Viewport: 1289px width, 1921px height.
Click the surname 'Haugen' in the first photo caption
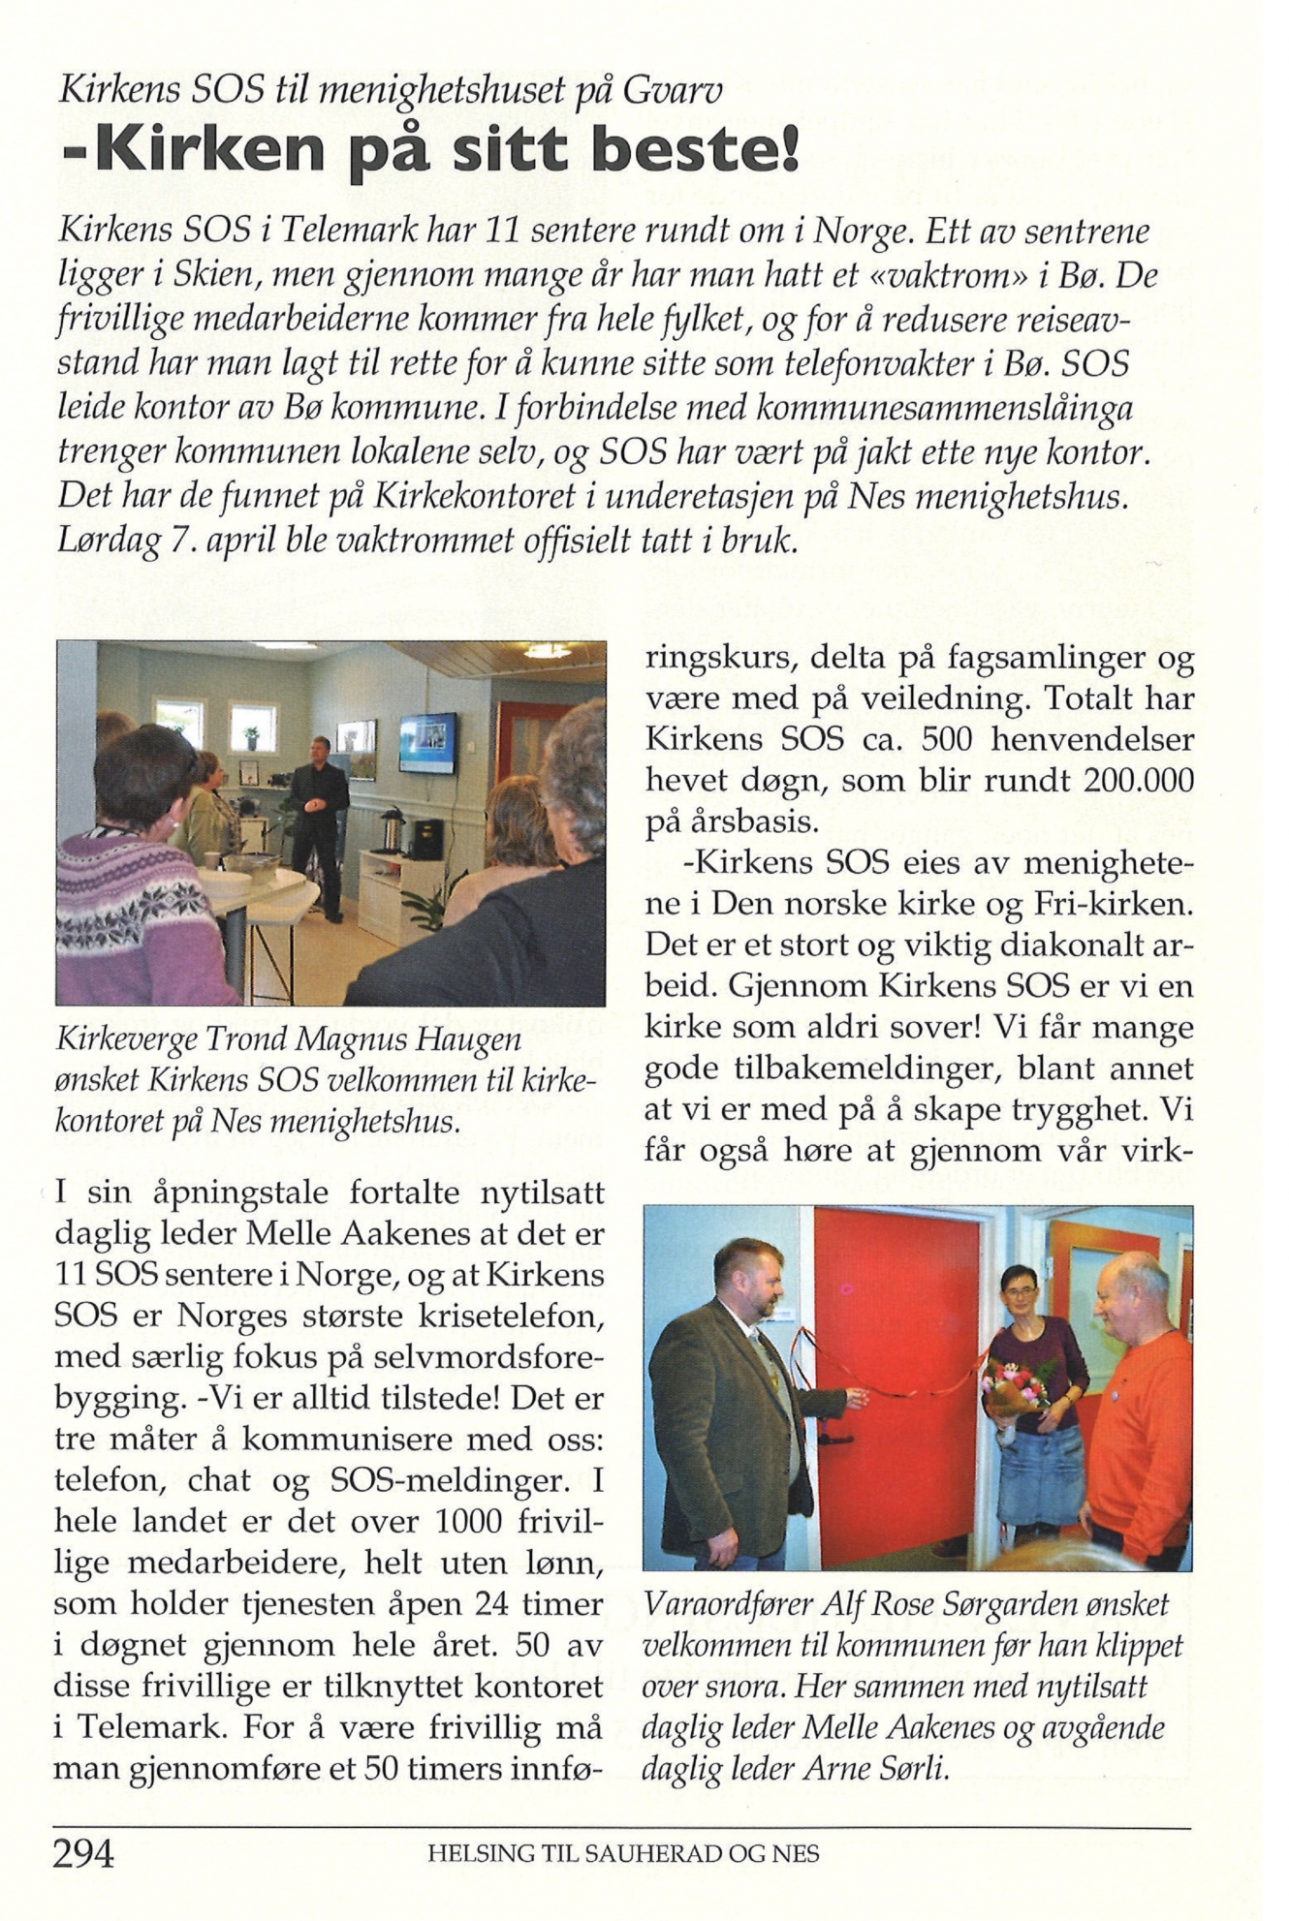click(x=475, y=1039)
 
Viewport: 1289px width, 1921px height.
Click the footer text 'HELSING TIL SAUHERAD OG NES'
click(x=623, y=1854)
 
